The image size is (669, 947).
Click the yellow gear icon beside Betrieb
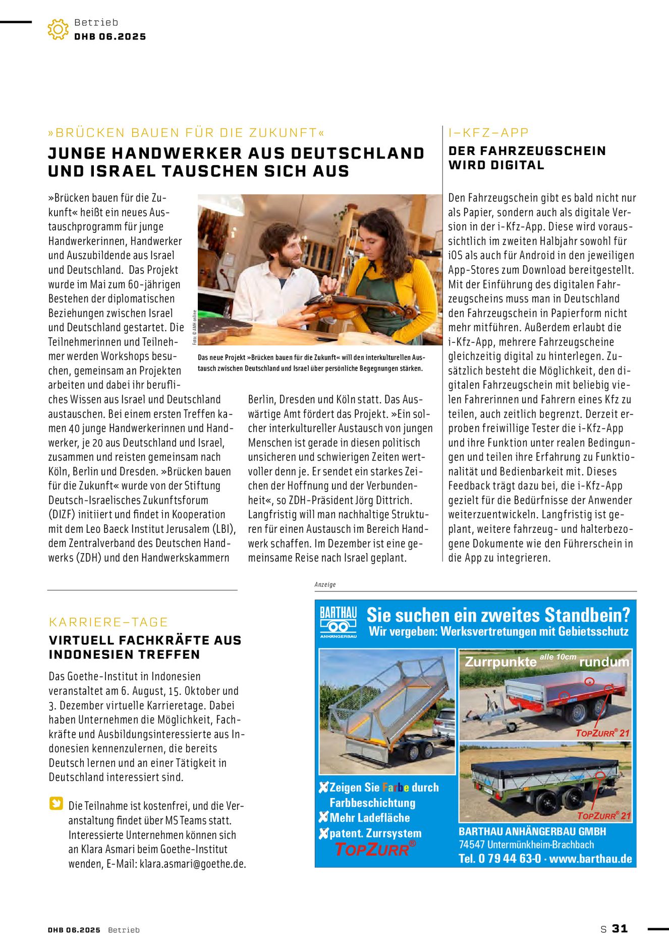tap(58, 29)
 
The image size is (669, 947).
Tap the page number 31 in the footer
tap(620, 928)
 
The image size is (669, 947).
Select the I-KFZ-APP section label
tap(488, 133)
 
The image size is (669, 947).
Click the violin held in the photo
tap(353, 306)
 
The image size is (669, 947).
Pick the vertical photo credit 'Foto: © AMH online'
tap(194, 328)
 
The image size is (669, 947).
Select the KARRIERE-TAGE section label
tap(108, 622)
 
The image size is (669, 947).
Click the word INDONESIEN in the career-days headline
tap(86, 655)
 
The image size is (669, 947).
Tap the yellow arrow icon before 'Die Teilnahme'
tap(56, 803)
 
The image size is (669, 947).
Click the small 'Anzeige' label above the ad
tap(325, 584)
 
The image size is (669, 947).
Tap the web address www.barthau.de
tap(590, 859)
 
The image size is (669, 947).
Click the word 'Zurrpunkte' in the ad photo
tap(500, 662)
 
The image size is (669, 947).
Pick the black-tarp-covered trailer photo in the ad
tap(545, 782)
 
